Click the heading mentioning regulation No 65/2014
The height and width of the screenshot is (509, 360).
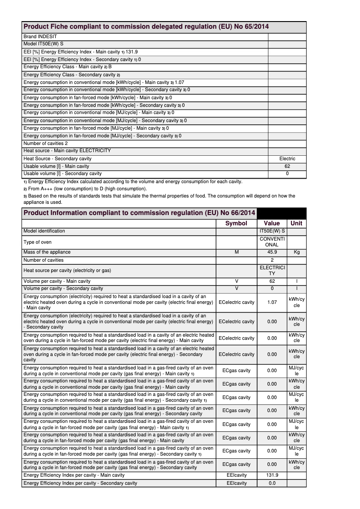[146, 27]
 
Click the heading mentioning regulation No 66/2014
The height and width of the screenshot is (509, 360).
[139, 213]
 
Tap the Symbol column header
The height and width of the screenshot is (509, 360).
[236, 223]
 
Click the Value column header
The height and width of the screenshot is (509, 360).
[272, 223]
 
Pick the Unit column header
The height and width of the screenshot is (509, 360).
[296, 223]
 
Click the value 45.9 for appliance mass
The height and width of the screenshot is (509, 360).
[272, 252]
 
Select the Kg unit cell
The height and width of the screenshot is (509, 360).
[296, 252]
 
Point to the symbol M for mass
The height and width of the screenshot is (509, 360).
[237, 252]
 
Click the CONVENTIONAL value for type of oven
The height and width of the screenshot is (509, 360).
[272, 242]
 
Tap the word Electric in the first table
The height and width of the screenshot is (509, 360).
[287, 158]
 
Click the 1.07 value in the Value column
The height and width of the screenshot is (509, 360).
[272, 302]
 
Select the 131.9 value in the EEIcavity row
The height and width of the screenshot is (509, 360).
[272, 475]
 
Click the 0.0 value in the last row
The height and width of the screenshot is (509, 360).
[272, 483]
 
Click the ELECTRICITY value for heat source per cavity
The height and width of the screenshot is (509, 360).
[272, 270]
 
